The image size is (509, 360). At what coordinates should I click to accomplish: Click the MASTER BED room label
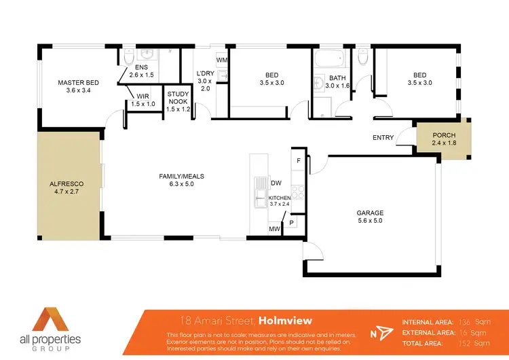click(x=79, y=83)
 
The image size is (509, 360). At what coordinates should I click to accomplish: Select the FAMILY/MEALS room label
click(x=181, y=177)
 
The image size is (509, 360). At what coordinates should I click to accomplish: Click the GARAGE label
click(x=370, y=213)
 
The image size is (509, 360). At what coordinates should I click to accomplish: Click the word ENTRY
click(x=383, y=138)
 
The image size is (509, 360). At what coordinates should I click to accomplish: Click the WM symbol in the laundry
click(x=221, y=60)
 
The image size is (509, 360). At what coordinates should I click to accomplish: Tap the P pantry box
click(x=292, y=222)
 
